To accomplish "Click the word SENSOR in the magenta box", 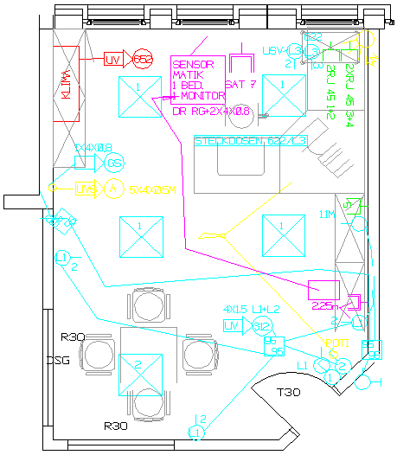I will (192, 65).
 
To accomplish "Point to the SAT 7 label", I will (240, 85).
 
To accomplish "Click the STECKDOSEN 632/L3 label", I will (251, 140).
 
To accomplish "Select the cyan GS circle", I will (114, 163).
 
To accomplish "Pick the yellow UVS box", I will (85, 188).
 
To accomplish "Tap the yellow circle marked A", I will (112, 188).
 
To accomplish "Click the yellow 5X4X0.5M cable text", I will (153, 188).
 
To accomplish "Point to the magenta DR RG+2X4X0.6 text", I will (211, 112).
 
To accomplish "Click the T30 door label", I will (288, 393).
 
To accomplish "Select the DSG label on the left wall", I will (58, 360).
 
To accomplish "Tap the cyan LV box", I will (231, 325).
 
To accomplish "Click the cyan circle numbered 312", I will (260, 326).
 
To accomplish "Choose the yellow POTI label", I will (336, 343).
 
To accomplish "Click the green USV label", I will (272, 51).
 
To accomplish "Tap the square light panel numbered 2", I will (138, 365).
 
